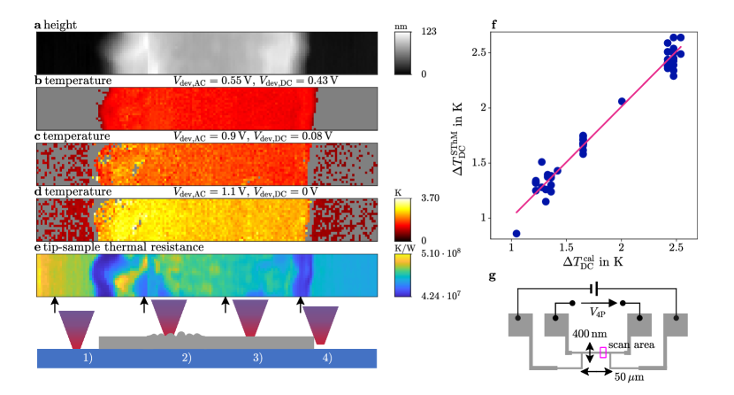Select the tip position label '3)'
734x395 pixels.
[256, 357]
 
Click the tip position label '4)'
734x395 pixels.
[328, 357]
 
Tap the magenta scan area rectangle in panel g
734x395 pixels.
[603, 352]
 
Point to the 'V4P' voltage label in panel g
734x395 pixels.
[600, 314]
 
